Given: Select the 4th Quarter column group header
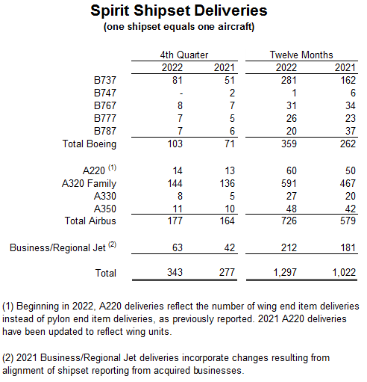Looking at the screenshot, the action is point(183,55).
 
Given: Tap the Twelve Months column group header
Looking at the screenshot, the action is point(301,55).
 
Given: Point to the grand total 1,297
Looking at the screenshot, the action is point(279,273).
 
